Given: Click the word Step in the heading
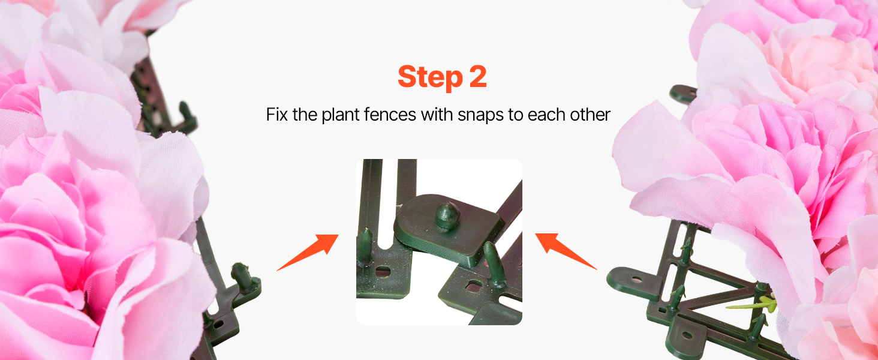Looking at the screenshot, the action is pos(430,77).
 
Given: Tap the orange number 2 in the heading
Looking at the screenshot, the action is pos(478,76).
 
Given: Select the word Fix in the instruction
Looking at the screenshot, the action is pos(277,115).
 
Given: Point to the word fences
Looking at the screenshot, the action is pos(390,115).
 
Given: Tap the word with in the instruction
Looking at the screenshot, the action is pos(437,115).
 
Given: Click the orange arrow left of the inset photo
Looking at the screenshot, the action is pos(308,252).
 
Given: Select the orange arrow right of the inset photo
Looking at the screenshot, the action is pos(566,251).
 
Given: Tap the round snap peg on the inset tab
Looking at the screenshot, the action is pos(447,215).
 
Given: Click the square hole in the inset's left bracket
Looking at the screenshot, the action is pos(383,271).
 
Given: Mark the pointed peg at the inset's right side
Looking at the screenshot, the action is pos(494,265).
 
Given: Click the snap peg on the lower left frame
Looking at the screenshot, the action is pos(241,277).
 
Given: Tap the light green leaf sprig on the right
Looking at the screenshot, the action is pos(754,304).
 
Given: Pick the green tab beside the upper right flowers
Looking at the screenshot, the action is pos(682,94).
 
